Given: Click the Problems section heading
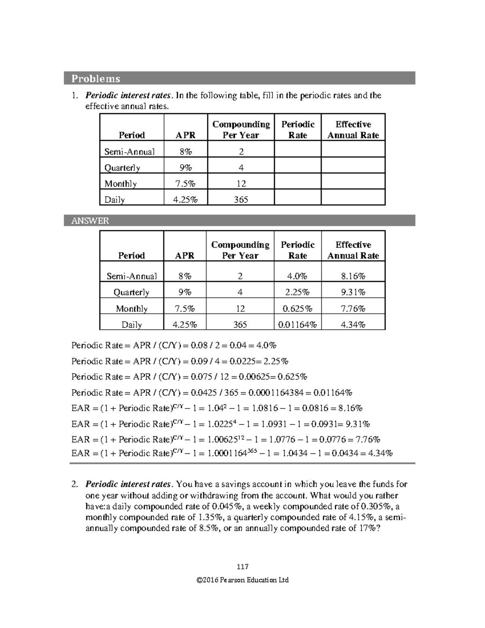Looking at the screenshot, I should (96, 78).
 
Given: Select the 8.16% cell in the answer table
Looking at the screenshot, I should (353, 276).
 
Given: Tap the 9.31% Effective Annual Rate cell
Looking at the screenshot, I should (353, 292).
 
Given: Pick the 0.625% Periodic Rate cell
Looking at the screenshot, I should (297, 309).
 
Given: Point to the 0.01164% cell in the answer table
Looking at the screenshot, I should (297, 324).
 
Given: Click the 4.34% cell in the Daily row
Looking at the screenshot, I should (353, 324).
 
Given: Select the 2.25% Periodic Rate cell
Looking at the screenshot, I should (297, 292).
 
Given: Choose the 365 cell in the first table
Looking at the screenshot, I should (241, 199).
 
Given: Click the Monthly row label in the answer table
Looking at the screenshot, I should (131, 309).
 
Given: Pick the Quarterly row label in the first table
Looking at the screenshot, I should (122, 167).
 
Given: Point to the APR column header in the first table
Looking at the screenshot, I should (185, 135).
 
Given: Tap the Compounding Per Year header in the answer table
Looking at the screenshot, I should (240, 250).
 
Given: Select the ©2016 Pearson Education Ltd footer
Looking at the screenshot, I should (242, 580).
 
